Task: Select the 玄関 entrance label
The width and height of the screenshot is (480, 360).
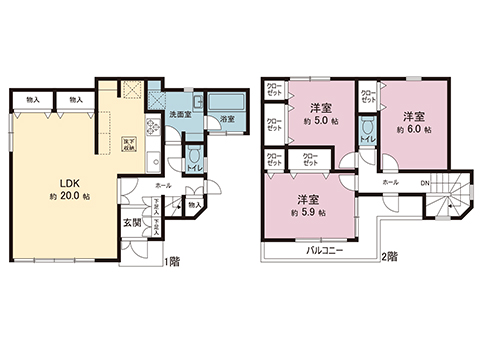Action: click(x=131, y=222)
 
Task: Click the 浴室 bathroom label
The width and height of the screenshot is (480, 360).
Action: click(x=227, y=119)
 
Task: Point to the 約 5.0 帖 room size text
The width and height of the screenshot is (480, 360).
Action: click(x=319, y=121)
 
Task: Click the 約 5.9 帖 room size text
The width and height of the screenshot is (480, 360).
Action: click(x=300, y=212)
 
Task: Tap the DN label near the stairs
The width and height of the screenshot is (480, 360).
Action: click(x=424, y=183)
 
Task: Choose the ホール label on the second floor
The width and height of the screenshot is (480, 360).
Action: click(x=391, y=183)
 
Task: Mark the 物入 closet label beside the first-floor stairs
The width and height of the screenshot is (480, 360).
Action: click(x=194, y=205)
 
